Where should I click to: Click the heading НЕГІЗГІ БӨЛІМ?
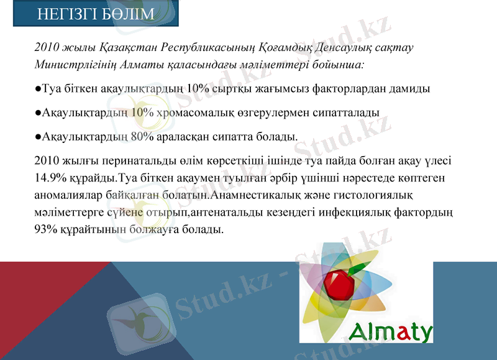click(x=96, y=14)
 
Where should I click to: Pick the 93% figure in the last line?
click(x=47, y=229)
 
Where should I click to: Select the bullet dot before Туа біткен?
click(x=39, y=89)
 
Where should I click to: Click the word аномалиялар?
click(x=69, y=195)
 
